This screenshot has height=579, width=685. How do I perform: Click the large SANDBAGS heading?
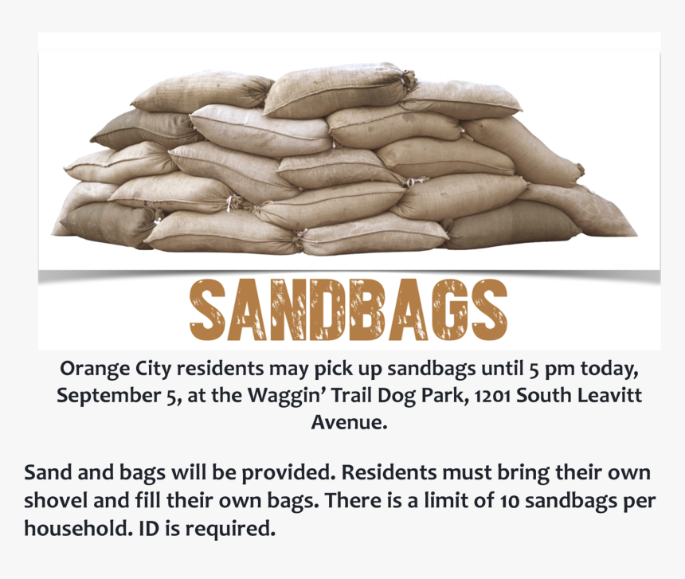click(x=348, y=310)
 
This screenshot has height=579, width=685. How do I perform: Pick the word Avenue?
click(x=349, y=422)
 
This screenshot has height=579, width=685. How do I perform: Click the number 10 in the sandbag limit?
click(x=510, y=501)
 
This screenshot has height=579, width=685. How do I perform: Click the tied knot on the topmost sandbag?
click(x=408, y=79)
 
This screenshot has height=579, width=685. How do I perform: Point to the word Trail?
click(x=353, y=395)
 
